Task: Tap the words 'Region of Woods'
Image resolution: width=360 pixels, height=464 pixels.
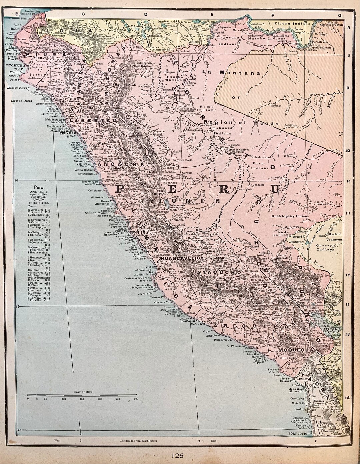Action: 242,123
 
